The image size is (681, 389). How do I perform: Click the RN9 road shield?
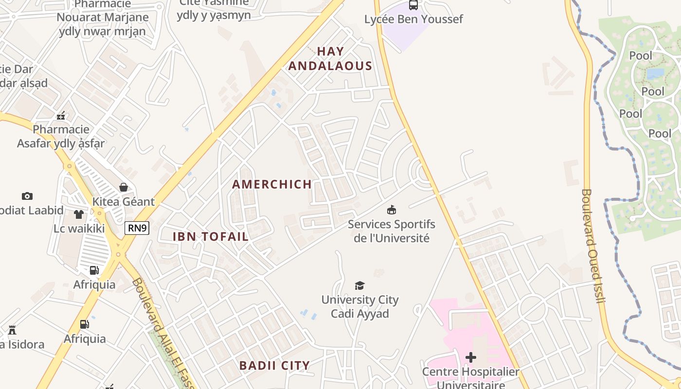pyautogui.click(x=137, y=228)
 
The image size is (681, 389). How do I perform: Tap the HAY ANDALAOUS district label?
pyautogui.click(x=330, y=59)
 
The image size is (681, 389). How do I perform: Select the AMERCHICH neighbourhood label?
pyautogui.click(x=272, y=184)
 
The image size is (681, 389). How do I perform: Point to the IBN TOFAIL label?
pyautogui.click(x=211, y=237)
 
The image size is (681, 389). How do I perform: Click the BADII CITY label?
pyautogui.click(x=274, y=366)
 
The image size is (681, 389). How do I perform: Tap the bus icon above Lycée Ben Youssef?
pyautogui.click(x=413, y=5)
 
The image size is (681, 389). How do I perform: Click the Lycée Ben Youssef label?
pyautogui.click(x=413, y=19)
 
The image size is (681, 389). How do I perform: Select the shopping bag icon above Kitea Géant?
pyautogui.click(x=124, y=187)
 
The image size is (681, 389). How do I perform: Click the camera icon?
pyautogui.click(x=27, y=196)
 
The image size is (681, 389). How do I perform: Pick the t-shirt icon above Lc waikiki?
pyautogui.click(x=79, y=214)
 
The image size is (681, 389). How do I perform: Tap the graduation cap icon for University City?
pyautogui.click(x=359, y=285)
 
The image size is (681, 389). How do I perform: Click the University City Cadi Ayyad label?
pyautogui.click(x=360, y=307)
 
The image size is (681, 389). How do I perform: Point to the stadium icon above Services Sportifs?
pyautogui.click(x=391, y=210)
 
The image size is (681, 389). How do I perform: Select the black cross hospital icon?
pyautogui.click(x=471, y=358)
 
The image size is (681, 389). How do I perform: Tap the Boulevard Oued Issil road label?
pyautogui.click(x=592, y=246)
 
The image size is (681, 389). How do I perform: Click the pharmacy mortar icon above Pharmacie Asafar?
pyautogui.click(x=61, y=116)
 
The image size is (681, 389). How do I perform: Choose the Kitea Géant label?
pyautogui.click(x=124, y=202)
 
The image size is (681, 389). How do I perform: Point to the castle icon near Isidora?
pyautogui.click(x=12, y=331)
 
